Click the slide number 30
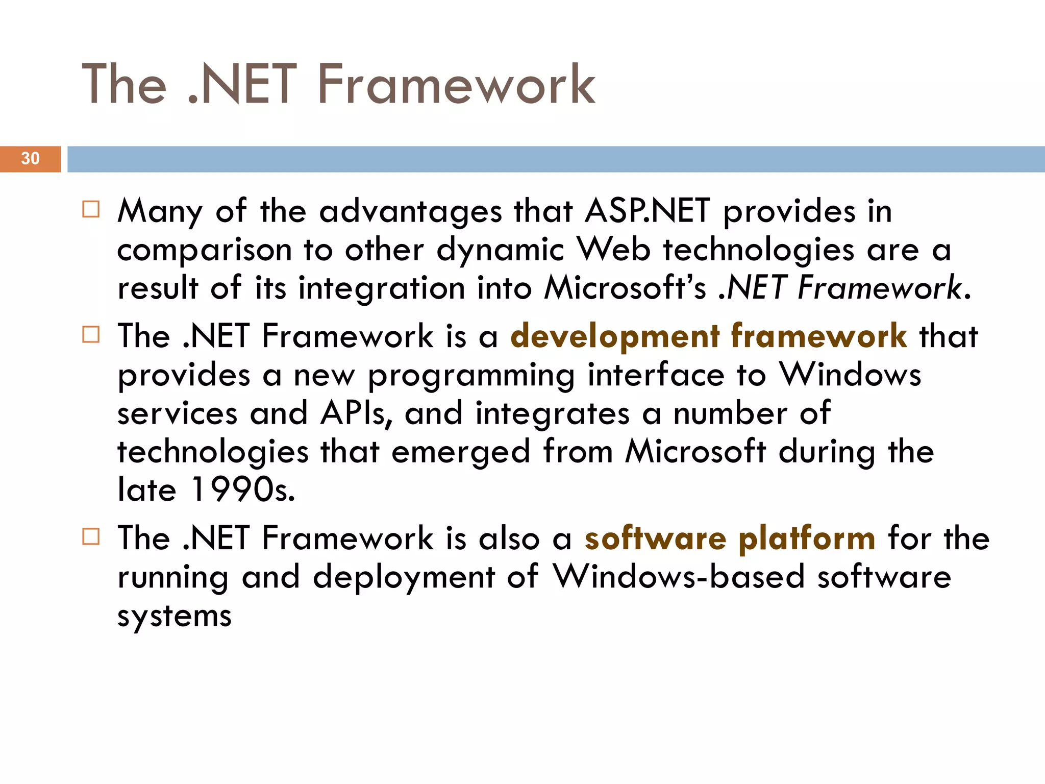coord(30,158)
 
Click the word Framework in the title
coord(456,84)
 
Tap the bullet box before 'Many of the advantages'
coord(91,209)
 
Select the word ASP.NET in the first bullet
coord(647,211)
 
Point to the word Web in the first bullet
coord(614,250)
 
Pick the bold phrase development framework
coord(708,336)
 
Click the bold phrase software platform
coord(730,538)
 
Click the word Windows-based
coord(679,577)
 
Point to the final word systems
coord(174,616)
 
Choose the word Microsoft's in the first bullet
coord(625,288)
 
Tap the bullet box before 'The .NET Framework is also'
coord(91,536)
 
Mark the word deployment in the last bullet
coord(404,577)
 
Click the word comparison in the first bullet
coord(204,250)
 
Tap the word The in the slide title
coord(124,84)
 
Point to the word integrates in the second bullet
coord(552,413)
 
